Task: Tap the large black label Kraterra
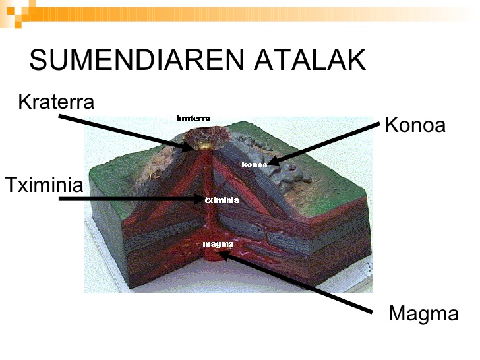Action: tap(56, 102)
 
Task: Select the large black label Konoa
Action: tap(415, 125)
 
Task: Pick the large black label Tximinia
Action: tap(44, 185)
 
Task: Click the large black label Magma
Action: tap(423, 313)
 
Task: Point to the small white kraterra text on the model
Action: tap(194, 119)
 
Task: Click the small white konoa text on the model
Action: tap(255, 164)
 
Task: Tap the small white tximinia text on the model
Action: tap(221, 199)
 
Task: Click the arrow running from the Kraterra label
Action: tap(125, 132)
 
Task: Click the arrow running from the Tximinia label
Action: tap(132, 198)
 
